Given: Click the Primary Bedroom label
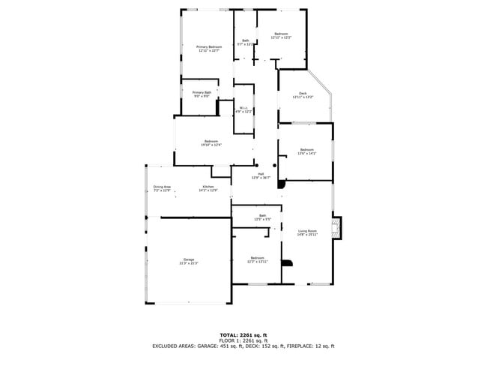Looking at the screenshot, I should click(208, 47).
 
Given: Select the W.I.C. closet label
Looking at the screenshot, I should click(243, 108).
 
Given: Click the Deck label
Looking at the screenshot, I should click(303, 93).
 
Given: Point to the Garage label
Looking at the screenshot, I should click(188, 259).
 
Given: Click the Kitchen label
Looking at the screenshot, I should click(208, 187).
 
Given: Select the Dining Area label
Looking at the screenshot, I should click(163, 187).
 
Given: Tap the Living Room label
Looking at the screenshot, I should click(307, 231).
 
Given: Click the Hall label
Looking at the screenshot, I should click(259, 173).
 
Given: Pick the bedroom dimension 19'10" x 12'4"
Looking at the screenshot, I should click(211, 145).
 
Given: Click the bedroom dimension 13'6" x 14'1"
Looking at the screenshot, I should click(307, 153).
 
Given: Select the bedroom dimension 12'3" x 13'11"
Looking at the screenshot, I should click(257, 262).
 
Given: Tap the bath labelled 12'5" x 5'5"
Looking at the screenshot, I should click(262, 220).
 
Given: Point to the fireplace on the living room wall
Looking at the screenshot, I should click(338, 228).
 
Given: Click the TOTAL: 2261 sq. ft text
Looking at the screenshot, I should click(243, 334).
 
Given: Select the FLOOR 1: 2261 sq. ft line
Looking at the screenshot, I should click(243, 340).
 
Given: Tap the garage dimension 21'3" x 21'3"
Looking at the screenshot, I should click(188, 264).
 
